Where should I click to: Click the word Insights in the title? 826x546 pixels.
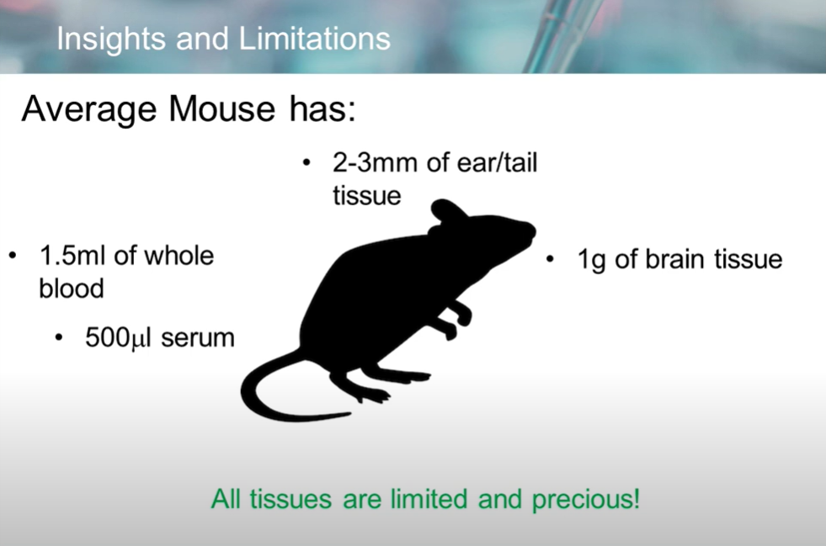(112, 39)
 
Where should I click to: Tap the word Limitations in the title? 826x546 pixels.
(315, 38)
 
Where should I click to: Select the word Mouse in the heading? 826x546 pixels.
(221, 109)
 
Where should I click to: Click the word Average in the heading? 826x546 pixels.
(89, 110)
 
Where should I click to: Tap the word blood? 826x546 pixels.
(72, 289)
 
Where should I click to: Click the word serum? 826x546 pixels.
(198, 338)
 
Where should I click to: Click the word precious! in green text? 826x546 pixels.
(586, 499)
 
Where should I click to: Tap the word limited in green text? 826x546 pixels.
(429, 499)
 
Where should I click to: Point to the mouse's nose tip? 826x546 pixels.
(533, 231)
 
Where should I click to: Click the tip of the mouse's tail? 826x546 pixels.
(349, 415)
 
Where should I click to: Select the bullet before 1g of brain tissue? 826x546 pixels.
(550, 259)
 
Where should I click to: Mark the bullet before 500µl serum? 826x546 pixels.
(58, 337)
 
